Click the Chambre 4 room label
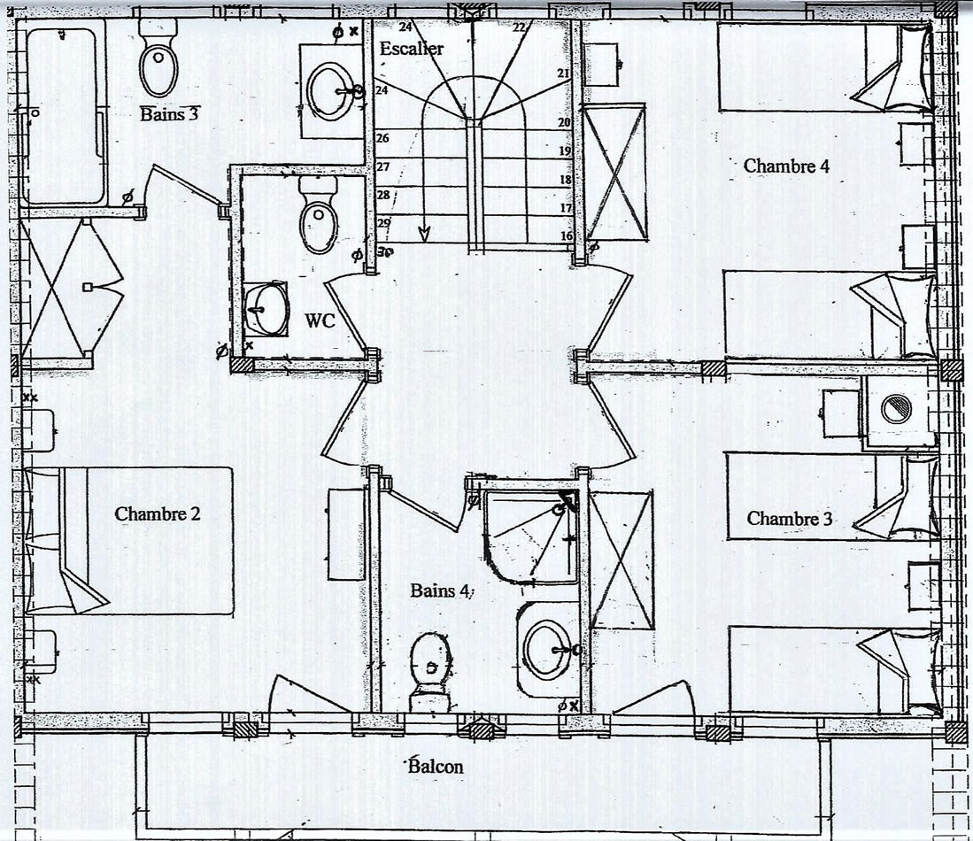(x=786, y=166)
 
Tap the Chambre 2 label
(x=158, y=514)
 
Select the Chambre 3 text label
(x=790, y=518)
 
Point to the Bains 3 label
(x=169, y=113)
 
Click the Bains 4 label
(x=439, y=590)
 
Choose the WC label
(x=320, y=320)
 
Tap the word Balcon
(x=436, y=767)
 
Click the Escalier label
(x=412, y=49)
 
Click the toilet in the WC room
(x=319, y=214)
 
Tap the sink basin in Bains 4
(x=547, y=649)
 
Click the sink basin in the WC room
(x=267, y=308)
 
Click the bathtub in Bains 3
(x=62, y=112)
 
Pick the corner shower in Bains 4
(x=531, y=536)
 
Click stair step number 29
(x=383, y=223)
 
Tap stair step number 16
(x=567, y=235)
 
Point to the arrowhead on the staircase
(x=425, y=234)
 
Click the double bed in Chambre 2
(x=128, y=541)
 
